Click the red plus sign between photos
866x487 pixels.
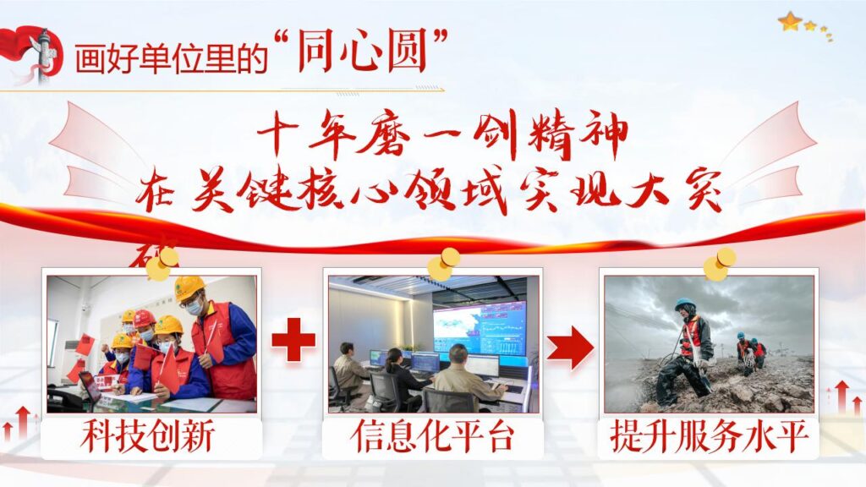(293, 342)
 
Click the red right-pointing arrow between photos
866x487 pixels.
(569, 347)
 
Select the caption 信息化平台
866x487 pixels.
(431, 437)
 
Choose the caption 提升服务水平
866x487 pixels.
(709, 437)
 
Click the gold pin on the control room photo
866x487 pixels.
(443, 264)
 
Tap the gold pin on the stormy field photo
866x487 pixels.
(719, 264)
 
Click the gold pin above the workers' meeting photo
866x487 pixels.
(162, 263)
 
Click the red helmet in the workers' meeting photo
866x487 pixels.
(144, 318)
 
